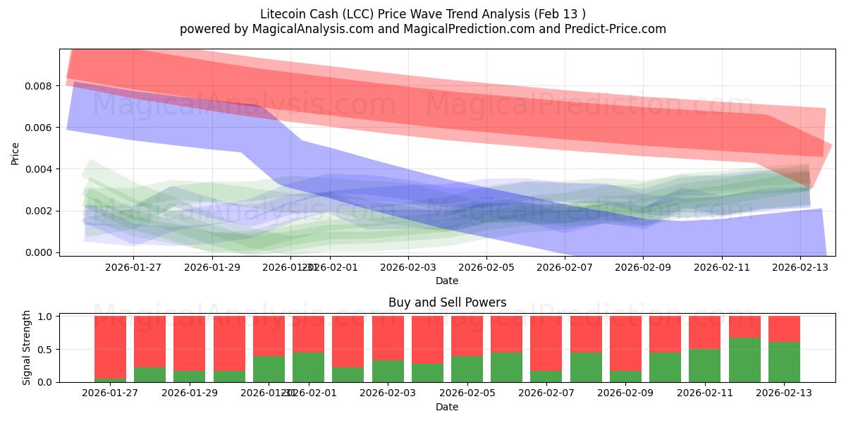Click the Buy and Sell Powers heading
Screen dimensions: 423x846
point(447,302)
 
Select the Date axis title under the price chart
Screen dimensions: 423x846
point(447,281)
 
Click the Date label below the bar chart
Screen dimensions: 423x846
point(447,407)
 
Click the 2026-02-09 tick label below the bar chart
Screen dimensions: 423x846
point(625,393)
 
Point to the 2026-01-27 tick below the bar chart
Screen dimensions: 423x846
point(110,393)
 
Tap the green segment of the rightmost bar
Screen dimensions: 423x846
point(784,362)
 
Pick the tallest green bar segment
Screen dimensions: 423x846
point(744,360)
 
